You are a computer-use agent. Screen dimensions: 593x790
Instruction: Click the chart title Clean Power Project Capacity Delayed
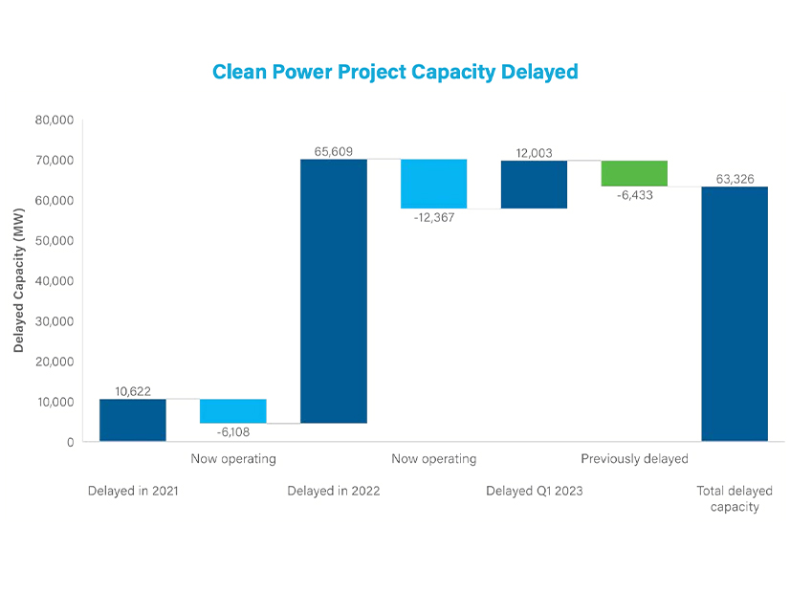pos(395,72)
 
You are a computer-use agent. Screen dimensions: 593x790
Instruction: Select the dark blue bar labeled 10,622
pos(133,420)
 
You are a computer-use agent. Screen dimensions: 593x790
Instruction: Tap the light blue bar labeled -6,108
pos(233,411)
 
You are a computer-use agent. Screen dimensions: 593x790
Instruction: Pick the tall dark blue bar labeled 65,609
pos(334,291)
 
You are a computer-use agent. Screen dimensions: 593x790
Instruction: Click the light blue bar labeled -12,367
pos(434,184)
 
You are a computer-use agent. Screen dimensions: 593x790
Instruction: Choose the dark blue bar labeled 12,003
pos(534,185)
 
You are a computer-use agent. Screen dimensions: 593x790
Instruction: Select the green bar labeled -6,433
pos(634,174)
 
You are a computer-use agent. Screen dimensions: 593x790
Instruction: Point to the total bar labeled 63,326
pos(735,314)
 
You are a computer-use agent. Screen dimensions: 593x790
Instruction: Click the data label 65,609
pos(334,151)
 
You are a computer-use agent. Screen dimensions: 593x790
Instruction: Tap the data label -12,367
pos(434,217)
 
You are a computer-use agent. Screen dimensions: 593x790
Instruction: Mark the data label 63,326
pos(735,179)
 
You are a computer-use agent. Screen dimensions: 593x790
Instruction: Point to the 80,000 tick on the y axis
pos(55,121)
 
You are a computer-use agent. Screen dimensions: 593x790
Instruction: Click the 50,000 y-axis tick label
pos(55,241)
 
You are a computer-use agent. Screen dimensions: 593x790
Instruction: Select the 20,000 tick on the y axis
pos(55,362)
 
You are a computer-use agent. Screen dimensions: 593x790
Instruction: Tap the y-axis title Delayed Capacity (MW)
pos(19,281)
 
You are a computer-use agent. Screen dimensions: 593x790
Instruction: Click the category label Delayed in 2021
pos(133,491)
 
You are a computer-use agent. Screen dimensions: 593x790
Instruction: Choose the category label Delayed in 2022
pos(334,491)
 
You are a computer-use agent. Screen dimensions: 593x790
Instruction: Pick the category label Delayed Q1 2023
pos(534,491)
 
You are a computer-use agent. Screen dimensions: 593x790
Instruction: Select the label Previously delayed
pos(634,459)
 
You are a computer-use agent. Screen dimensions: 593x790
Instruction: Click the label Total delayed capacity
pos(735,498)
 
